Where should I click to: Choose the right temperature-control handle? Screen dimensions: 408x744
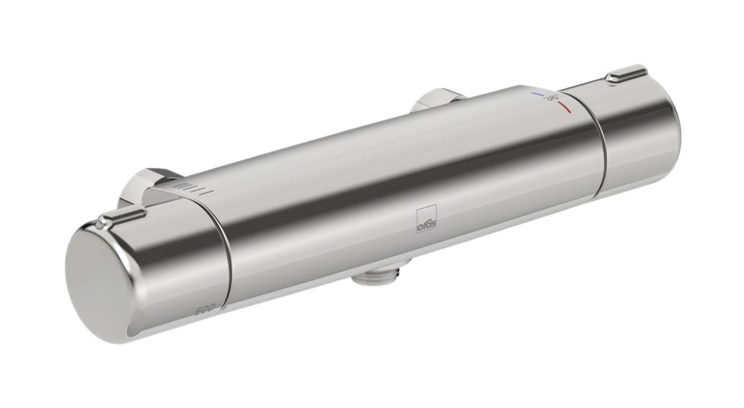click(632, 118)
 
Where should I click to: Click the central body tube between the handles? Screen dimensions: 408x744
click(403, 174)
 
